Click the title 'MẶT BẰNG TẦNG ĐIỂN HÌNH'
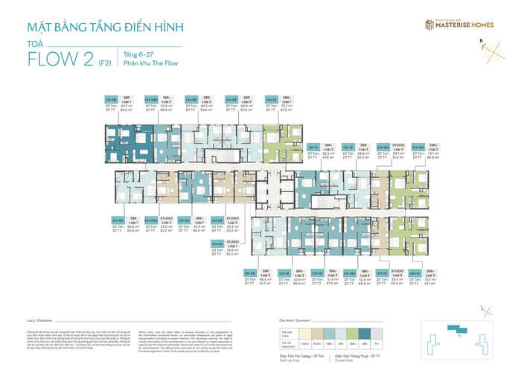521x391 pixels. tap(104, 28)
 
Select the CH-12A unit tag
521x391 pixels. tap(383, 147)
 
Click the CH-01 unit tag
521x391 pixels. tap(217, 243)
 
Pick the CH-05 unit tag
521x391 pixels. tap(117, 221)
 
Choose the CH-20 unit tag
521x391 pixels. tap(250, 273)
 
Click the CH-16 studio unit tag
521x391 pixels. tap(382, 273)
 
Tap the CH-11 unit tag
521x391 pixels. tap(313, 147)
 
